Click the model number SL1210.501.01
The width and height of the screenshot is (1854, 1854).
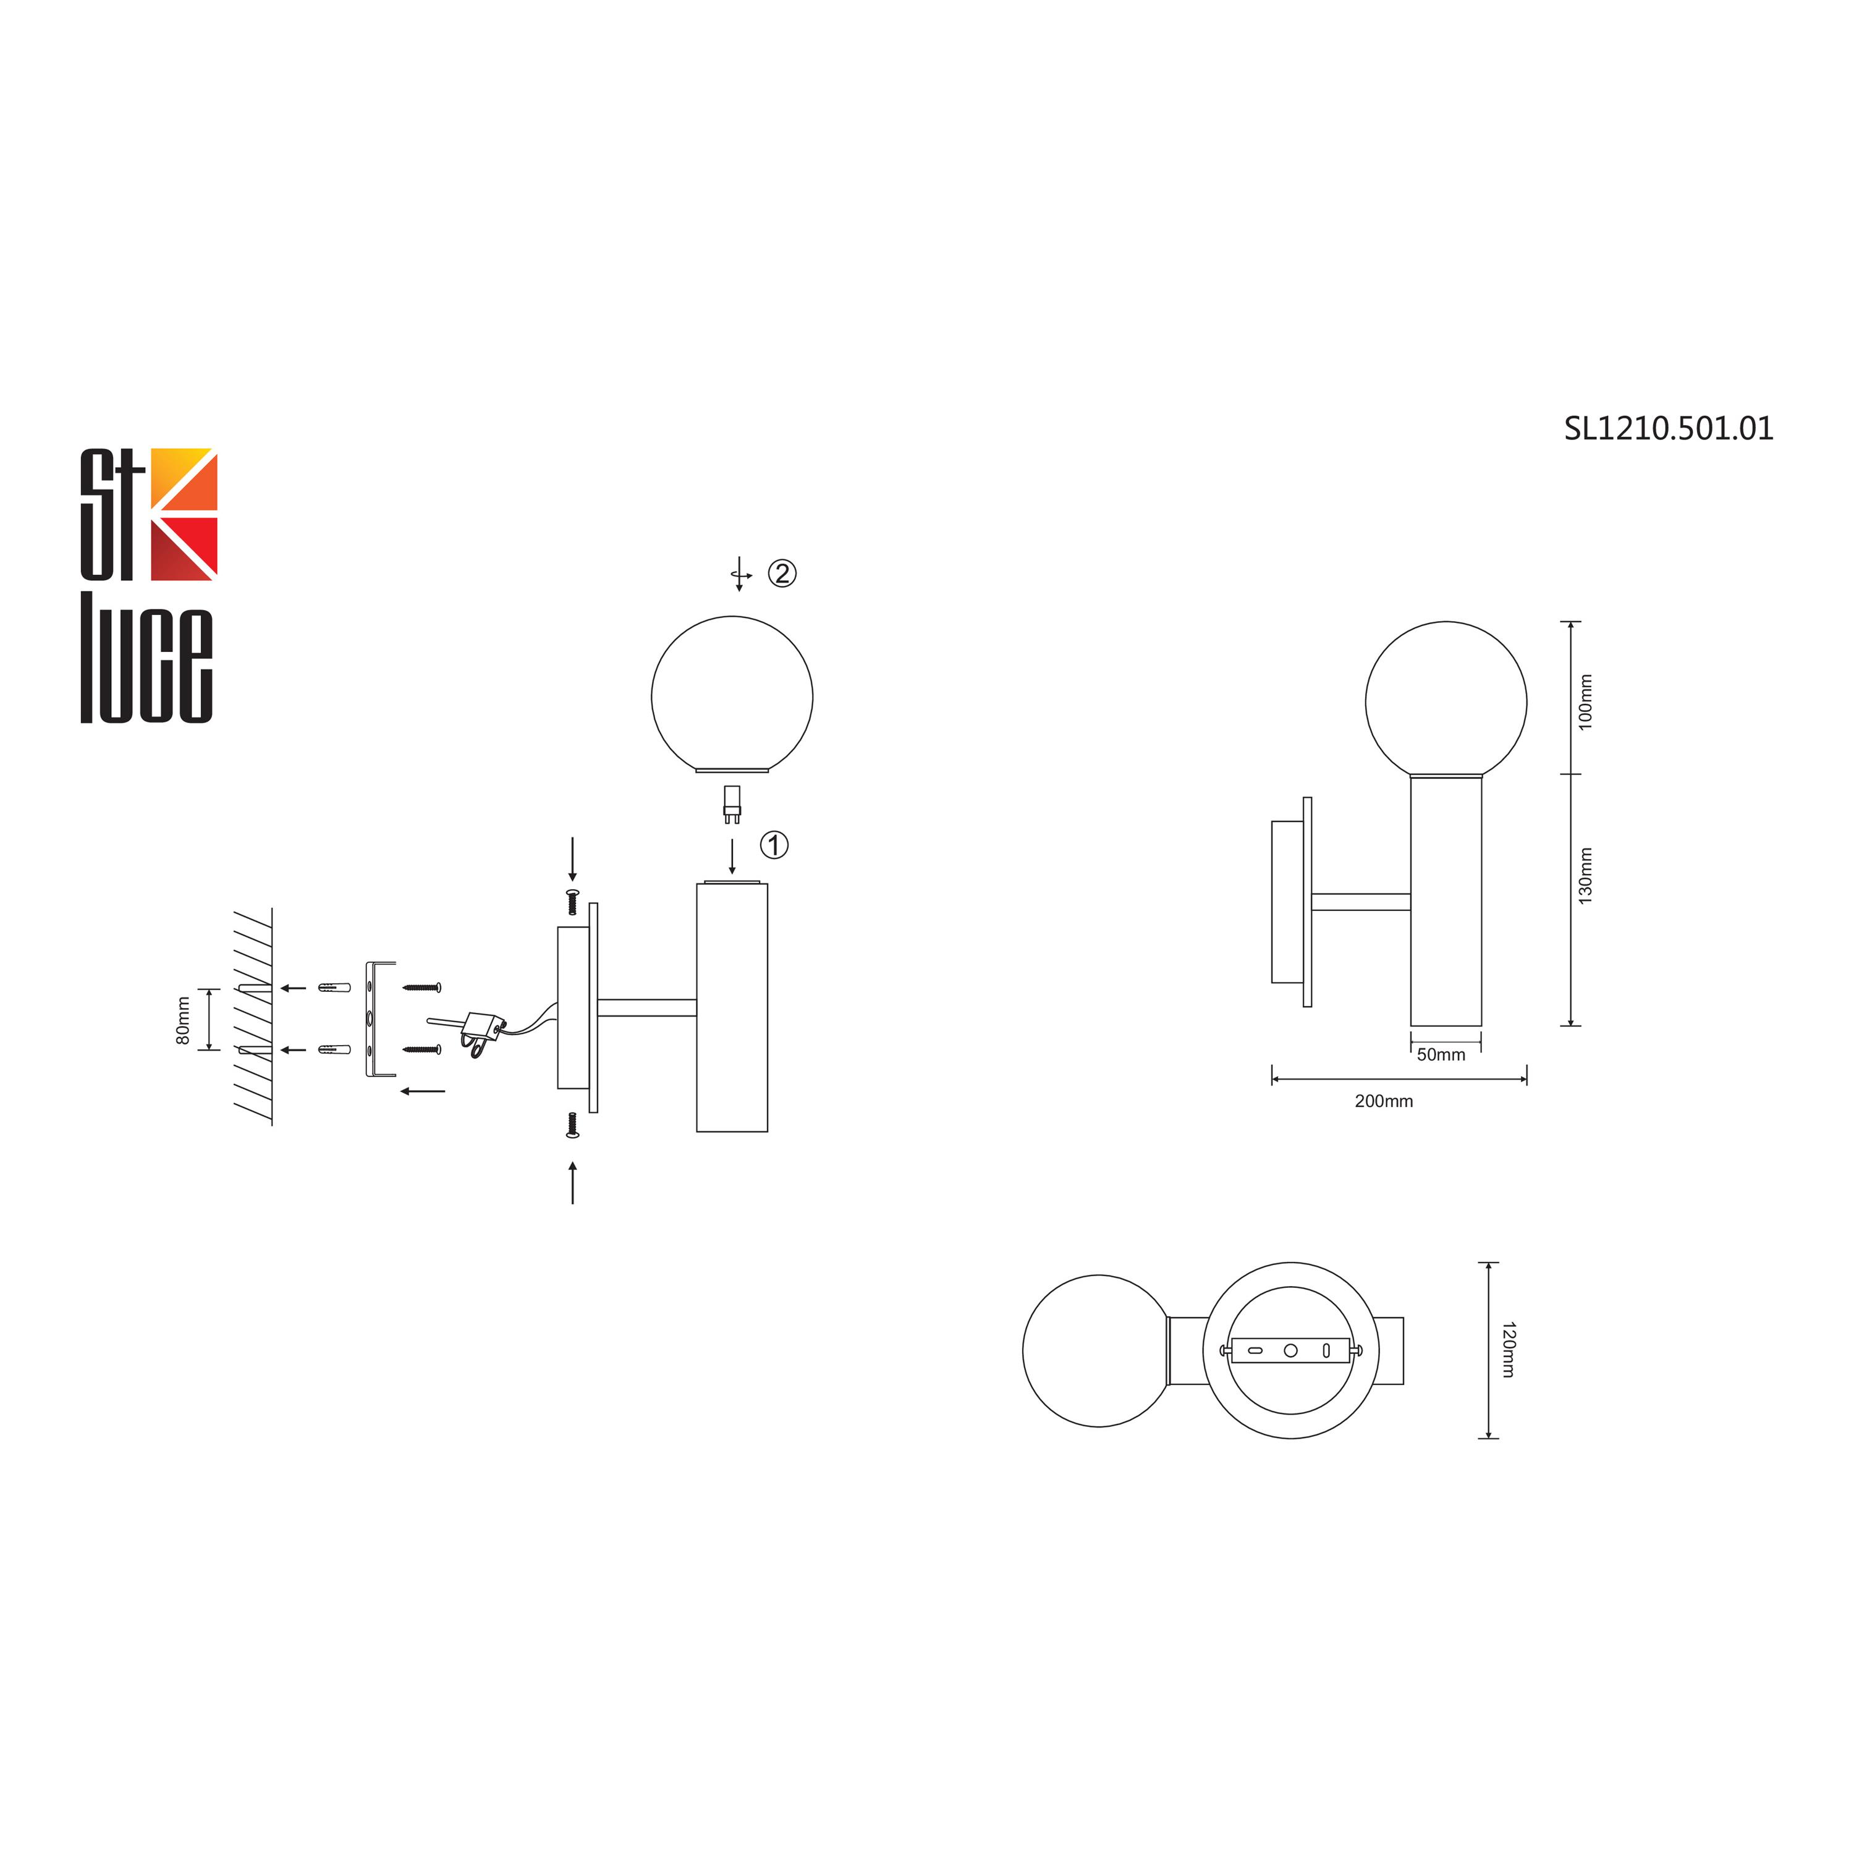coord(1669,428)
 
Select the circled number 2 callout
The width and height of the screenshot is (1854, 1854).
coord(782,574)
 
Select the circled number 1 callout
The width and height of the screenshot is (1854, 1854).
coord(774,845)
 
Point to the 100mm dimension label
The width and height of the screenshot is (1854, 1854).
coord(1585,701)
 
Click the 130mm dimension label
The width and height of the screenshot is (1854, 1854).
coord(1585,875)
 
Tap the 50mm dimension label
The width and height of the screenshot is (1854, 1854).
coord(1441,1055)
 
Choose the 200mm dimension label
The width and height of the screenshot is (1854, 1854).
coord(1384,1101)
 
